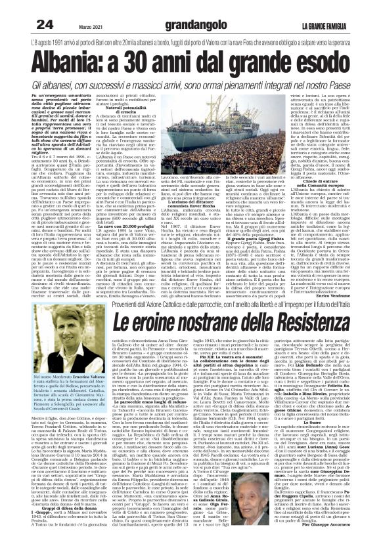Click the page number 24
[45, 24]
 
